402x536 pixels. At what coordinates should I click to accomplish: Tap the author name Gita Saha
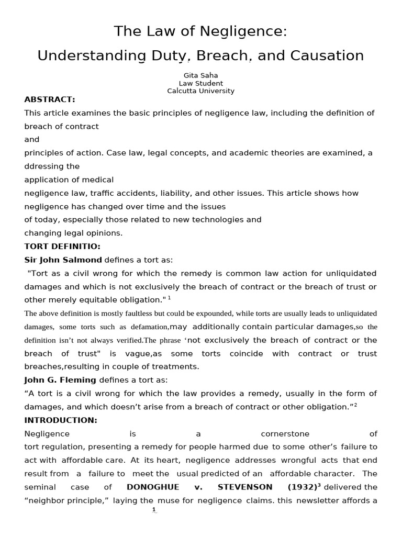pyautogui.click(x=200, y=75)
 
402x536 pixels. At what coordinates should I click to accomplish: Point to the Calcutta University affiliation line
pyautogui.click(x=200, y=91)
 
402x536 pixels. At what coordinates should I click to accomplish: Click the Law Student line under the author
pyautogui.click(x=200, y=83)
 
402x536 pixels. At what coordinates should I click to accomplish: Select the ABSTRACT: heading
pyautogui.click(x=50, y=99)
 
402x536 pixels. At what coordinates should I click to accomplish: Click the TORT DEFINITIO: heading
pyautogui.click(x=62, y=246)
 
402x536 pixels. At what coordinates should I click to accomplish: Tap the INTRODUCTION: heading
pyautogui.click(x=61, y=420)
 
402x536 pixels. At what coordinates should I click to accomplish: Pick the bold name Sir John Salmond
pyautogui.click(x=63, y=260)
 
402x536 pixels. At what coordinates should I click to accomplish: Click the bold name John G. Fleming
pyautogui.click(x=60, y=380)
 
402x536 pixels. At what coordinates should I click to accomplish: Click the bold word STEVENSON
pyautogui.click(x=245, y=487)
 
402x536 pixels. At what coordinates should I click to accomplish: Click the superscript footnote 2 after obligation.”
pyautogui.click(x=355, y=405)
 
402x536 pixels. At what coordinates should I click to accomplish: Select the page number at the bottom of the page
pyautogui.click(x=154, y=510)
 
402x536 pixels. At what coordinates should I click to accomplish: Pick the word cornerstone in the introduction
pyautogui.click(x=285, y=433)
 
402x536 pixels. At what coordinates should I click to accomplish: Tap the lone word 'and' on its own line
pyautogui.click(x=32, y=140)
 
